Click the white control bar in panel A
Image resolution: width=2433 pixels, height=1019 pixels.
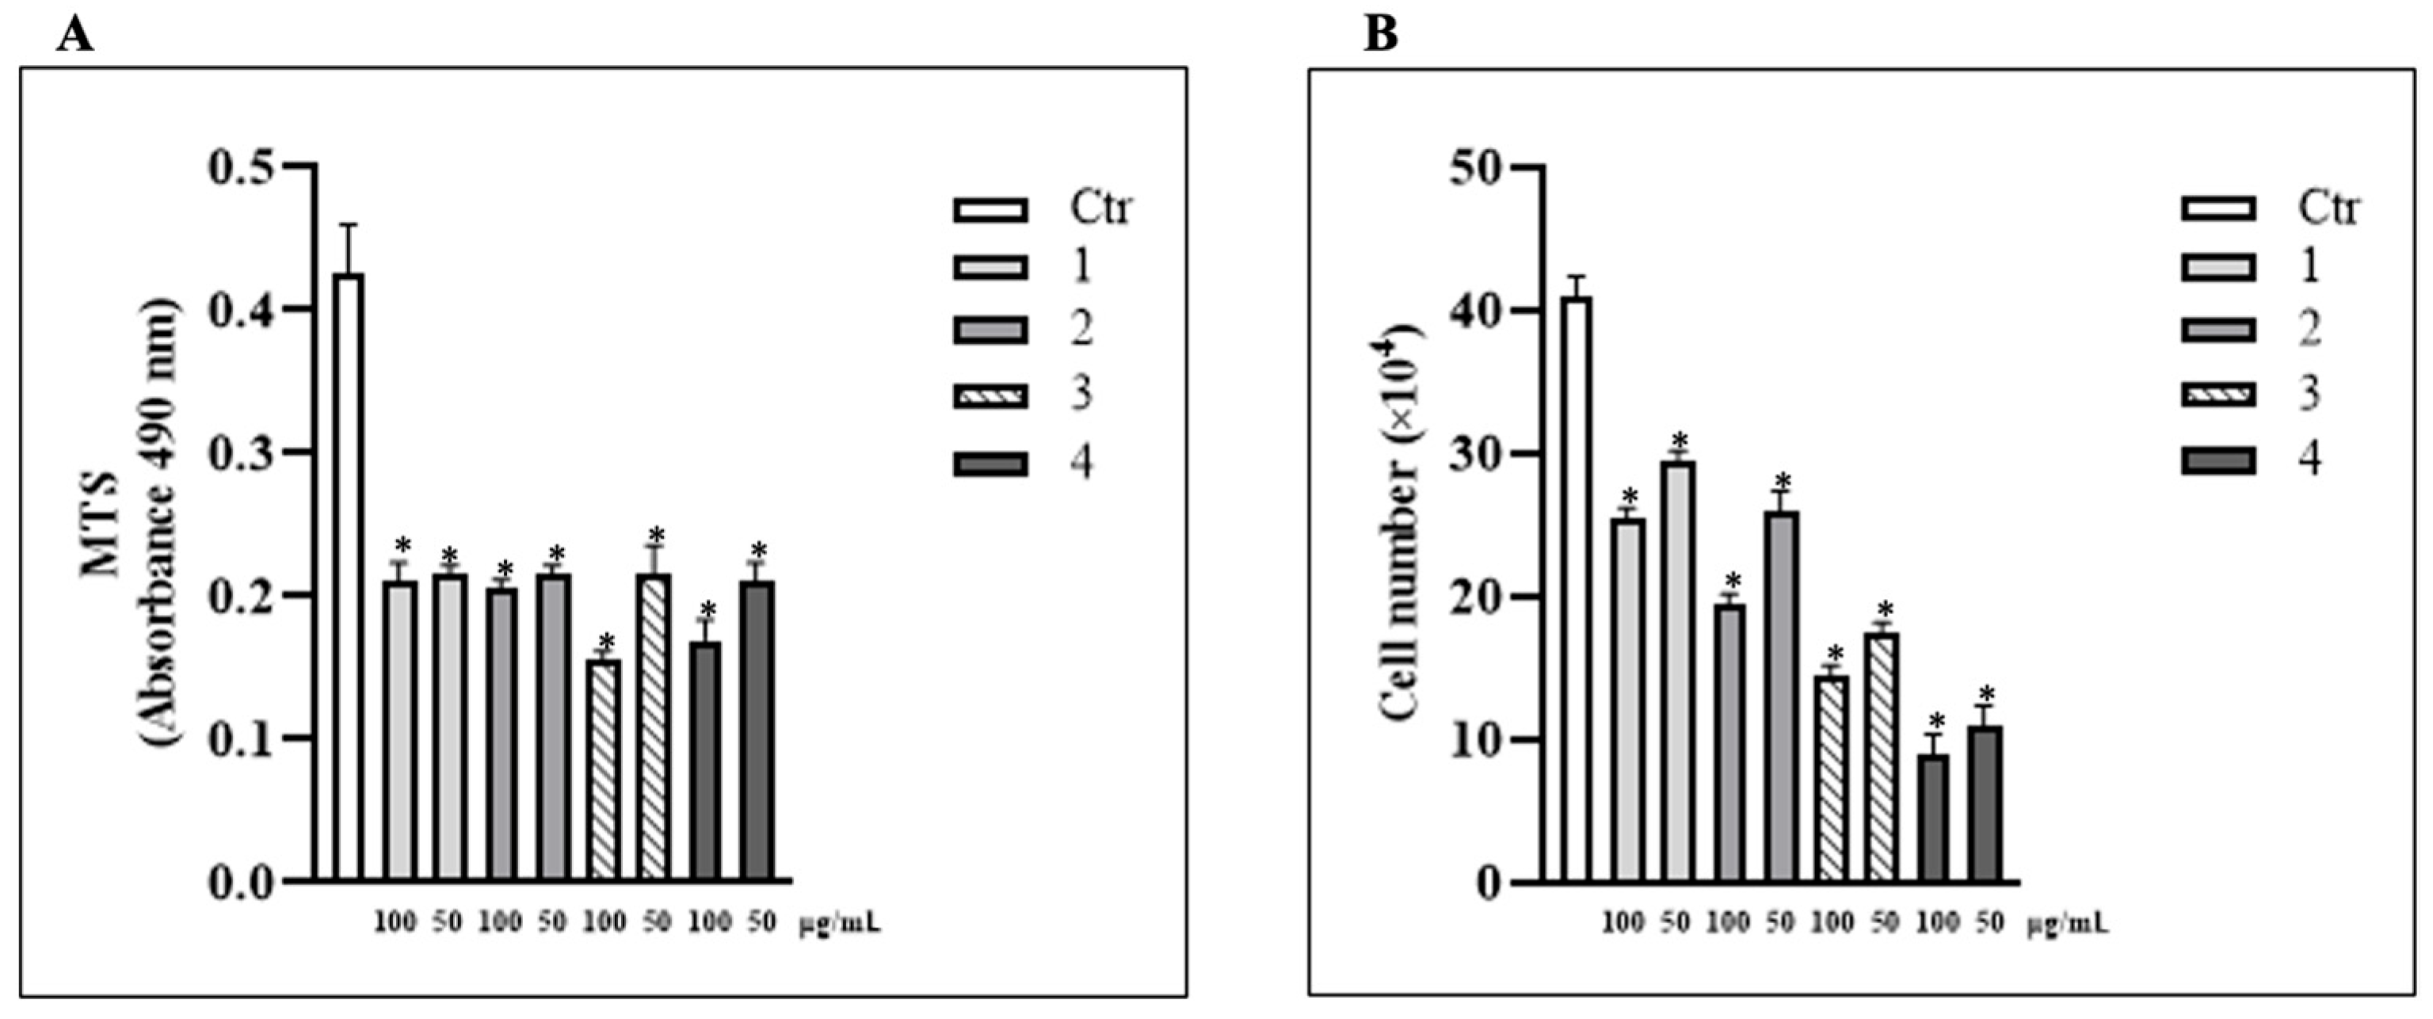pyautogui.click(x=349, y=576)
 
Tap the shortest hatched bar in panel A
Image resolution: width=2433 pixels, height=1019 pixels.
pyautogui.click(x=604, y=769)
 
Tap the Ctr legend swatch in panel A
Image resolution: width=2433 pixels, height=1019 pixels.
pyautogui.click(x=990, y=210)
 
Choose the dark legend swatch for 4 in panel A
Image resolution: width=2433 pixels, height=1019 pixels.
pyautogui.click(x=990, y=464)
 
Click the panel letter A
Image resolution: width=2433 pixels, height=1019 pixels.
pyautogui.click(x=74, y=35)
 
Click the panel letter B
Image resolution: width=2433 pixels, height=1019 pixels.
pyautogui.click(x=1381, y=35)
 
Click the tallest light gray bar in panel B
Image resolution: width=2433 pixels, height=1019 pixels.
pyautogui.click(x=1678, y=671)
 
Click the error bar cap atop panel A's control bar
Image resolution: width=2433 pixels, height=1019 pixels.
pyautogui.click(x=349, y=225)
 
